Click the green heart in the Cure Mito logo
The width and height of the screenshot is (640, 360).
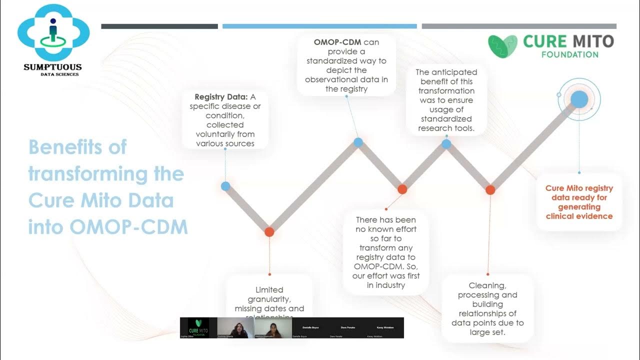click(x=503, y=46)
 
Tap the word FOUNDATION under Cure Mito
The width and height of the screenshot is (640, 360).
click(x=569, y=54)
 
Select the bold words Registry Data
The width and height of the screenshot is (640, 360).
click(x=217, y=97)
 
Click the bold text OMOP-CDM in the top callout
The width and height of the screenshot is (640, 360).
click(x=337, y=42)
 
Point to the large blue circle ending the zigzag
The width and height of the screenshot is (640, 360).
click(x=579, y=99)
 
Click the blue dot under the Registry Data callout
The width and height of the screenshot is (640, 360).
click(x=225, y=186)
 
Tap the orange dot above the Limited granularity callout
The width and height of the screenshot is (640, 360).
click(x=269, y=232)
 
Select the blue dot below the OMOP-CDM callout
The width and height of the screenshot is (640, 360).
click(x=358, y=142)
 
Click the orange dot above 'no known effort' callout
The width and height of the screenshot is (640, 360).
click(x=402, y=189)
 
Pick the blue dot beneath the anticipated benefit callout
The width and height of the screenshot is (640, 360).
click(x=446, y=144)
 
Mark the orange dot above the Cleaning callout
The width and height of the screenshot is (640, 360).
click(x=490, y=189)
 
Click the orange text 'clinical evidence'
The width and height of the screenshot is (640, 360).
click(x=579, y=216)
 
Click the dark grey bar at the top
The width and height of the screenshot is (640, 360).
click(x=159, y=26)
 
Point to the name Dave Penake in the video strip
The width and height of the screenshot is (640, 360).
click(x=347, y=327)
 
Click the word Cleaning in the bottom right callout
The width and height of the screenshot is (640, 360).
click(x=487, y=285)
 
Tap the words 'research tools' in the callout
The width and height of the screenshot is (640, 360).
click(x=446, y=128)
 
